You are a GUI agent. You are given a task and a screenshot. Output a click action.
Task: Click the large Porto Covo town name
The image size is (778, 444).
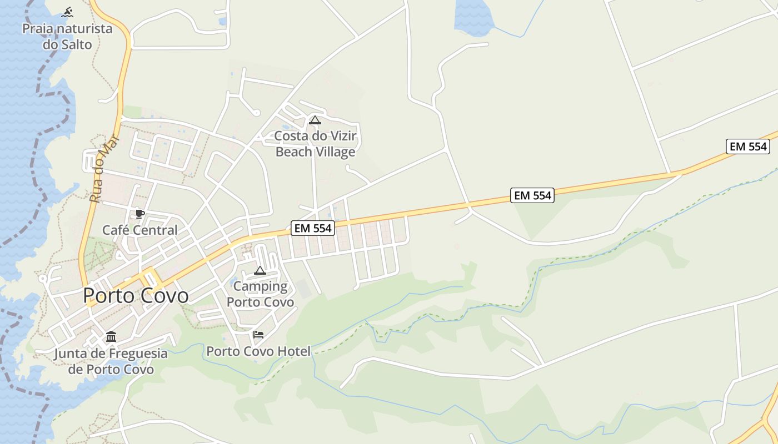pyautogui.click(x=136, y=296)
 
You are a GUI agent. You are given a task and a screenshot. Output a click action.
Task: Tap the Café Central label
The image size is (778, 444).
pyautogui.click(x=139, y=230)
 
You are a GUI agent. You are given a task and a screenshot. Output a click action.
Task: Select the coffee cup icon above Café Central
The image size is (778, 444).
pyautogui.click(x=139, y=214)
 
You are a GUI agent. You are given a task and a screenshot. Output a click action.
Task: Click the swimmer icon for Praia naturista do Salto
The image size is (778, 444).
pyautogui.click(x=67, y=12)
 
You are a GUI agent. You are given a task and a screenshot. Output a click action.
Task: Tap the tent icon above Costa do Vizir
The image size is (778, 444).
pyautogui.click(x=315, y=120)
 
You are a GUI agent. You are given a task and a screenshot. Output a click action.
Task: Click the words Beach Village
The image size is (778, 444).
pyautogui.click(x=315, y=152)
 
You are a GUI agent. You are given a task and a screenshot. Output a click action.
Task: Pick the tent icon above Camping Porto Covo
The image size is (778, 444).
pyautogui.click(x=260, y=271)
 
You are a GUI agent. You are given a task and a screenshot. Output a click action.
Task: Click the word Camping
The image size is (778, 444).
pyautogui.click(x=260, y=286)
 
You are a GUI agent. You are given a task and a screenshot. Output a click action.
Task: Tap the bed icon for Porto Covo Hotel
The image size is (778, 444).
pyautogui.click(x=258, y=335)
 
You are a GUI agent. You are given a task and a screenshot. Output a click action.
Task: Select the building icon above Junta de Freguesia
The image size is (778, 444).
pyautogui.click(x=111, y=337)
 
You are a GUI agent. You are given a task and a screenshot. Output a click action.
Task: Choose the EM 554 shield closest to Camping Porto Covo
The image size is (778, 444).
pyautogui.click(x=312, y=228)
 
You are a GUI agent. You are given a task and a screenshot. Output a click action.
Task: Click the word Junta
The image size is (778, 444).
pyautogui.click(x=70, y=354)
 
